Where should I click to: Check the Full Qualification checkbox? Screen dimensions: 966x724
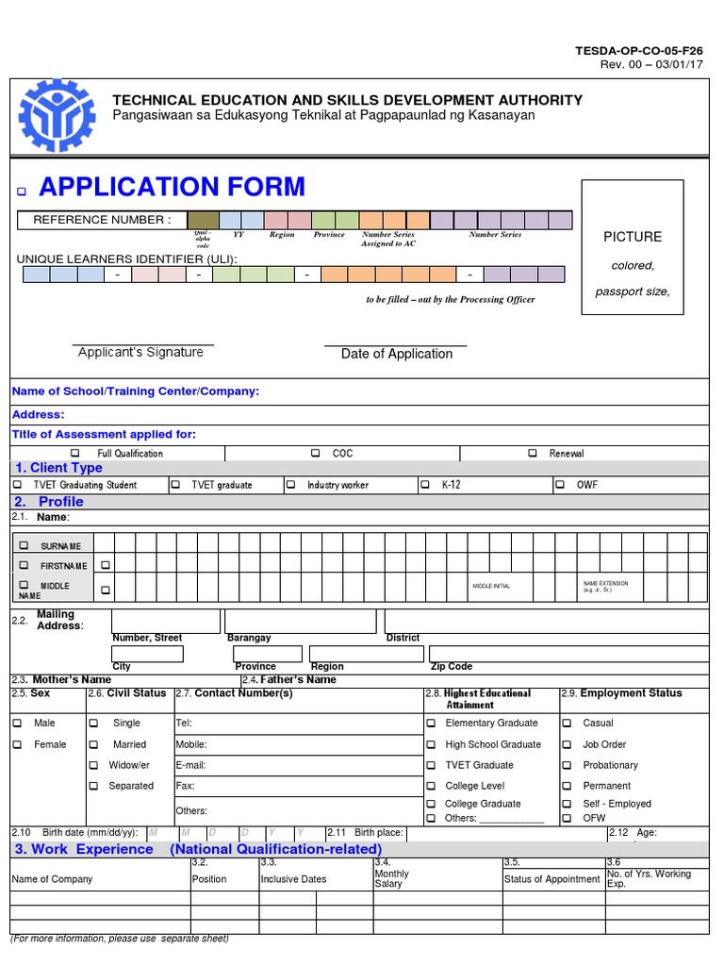coord(76,454)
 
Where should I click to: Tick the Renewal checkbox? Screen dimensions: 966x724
coord(534,454)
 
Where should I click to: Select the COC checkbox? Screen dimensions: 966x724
coord(316,454)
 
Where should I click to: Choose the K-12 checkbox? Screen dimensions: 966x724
coord(425,485)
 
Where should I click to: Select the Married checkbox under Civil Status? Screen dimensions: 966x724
coord(93,744)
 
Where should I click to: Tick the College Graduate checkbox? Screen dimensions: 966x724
coord(430,804)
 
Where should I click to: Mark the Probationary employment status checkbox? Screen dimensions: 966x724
coord(567,765)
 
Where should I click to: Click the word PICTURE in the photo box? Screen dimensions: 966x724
coord(633,237)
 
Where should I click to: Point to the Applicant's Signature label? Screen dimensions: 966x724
coord(140,353)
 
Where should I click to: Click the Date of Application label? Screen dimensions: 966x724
coord(397,354)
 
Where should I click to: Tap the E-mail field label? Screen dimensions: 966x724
coord(190,765)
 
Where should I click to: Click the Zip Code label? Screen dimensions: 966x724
coord(451,666)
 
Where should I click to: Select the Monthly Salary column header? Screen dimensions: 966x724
coord(391,878)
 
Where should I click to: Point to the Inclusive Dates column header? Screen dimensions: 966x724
coord(293,879)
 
